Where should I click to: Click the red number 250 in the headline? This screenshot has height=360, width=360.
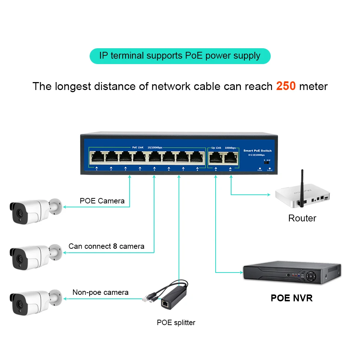(x=286, y=86)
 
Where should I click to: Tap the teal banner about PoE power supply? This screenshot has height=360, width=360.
(x=180, y=56)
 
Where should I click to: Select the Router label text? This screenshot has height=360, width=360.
(x=302, y=218)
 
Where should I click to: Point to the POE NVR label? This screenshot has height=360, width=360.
(x=292, y=298)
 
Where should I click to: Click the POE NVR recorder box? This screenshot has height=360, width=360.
(x=292, y=275)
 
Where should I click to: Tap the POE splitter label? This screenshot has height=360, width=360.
(x=176, y=323)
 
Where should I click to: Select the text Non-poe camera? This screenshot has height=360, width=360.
(x=100, y=292)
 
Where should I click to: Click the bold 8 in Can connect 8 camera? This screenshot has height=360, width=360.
(x=115, y=246)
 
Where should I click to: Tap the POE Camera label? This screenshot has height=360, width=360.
(x=102, y=201)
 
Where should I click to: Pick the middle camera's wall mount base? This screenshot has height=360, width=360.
(x=56, y=252)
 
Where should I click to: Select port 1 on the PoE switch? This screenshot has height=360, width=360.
(x=97, y=157)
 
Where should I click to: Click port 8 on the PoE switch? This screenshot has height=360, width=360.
(x=197, y=157)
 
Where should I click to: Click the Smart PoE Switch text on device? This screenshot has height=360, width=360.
(x=257, y=150)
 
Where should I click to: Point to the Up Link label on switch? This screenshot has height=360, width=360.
(x=216, y=148)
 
